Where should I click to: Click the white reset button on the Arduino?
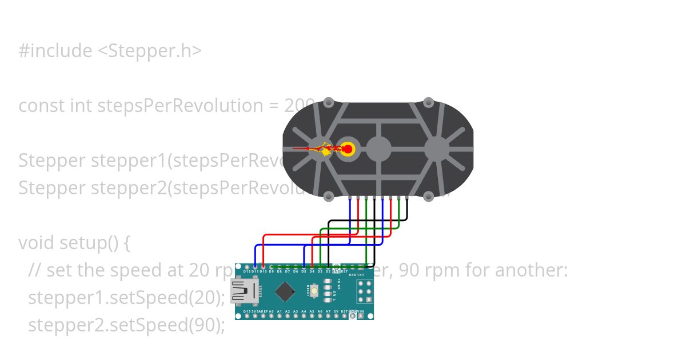click(313, 291)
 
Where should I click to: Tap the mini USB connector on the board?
click(241, 291)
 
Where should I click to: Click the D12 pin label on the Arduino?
click(246, 271)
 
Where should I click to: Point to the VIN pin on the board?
click(361, 311)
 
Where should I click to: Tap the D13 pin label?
click(246, 311)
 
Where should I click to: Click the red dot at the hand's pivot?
click(348, 149)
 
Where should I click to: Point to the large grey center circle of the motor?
click(378, 149)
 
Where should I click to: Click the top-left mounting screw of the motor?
click(329, 102)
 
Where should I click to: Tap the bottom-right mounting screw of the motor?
click(428, 197)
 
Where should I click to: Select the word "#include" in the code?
click(55, 51)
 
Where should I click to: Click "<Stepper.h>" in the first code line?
click(149, 51)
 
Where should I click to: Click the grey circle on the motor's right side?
click(437, 149)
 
